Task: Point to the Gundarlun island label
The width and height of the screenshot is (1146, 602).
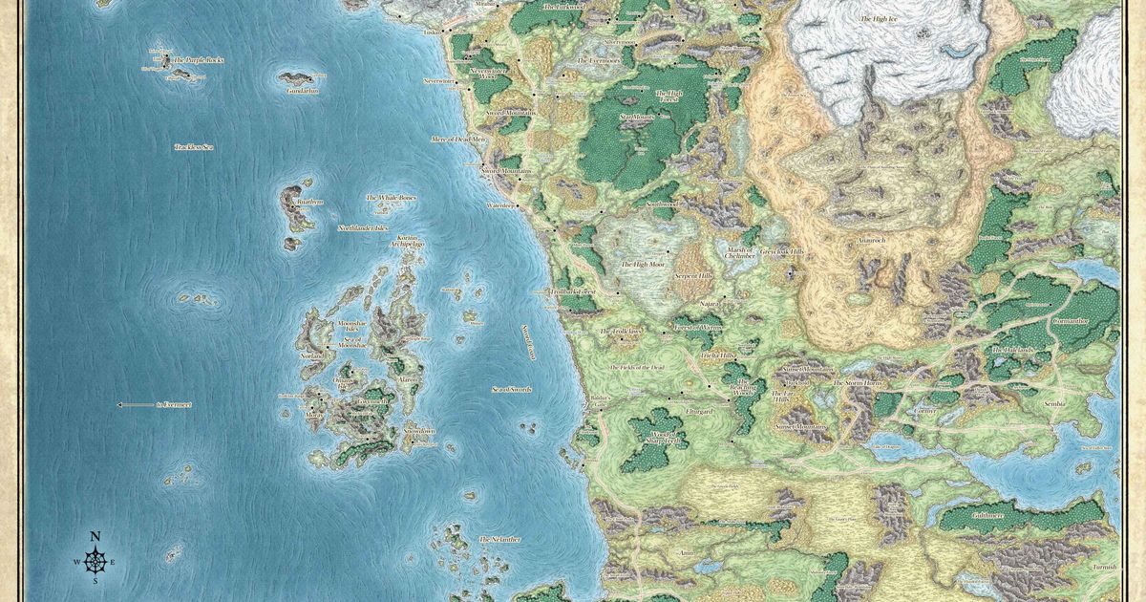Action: click(x=301, y=91)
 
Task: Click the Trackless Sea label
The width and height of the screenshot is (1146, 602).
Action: click(x=194, y=147)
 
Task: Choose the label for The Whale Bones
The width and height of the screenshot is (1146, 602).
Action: click(x=392, y=198)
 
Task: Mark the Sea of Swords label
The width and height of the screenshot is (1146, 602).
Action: click(x=511, y=390)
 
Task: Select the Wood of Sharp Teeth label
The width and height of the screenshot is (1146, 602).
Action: click(x=658, y=437)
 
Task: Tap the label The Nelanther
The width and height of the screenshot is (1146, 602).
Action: click(x=499, y=540)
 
